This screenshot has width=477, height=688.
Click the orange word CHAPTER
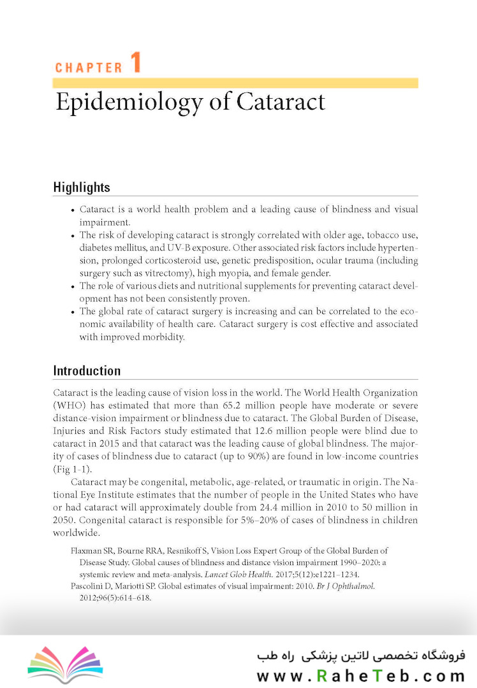click(x=88, y=68)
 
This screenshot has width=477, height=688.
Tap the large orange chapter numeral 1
click(x=135, y=64)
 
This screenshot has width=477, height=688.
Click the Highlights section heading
click(x=82, y=187)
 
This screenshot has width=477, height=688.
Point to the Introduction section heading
click(x=87, y=371)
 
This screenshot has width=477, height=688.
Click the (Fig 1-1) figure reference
click(x=71, y=469)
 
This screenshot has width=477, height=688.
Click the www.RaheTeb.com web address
click(x=361, y=676)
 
